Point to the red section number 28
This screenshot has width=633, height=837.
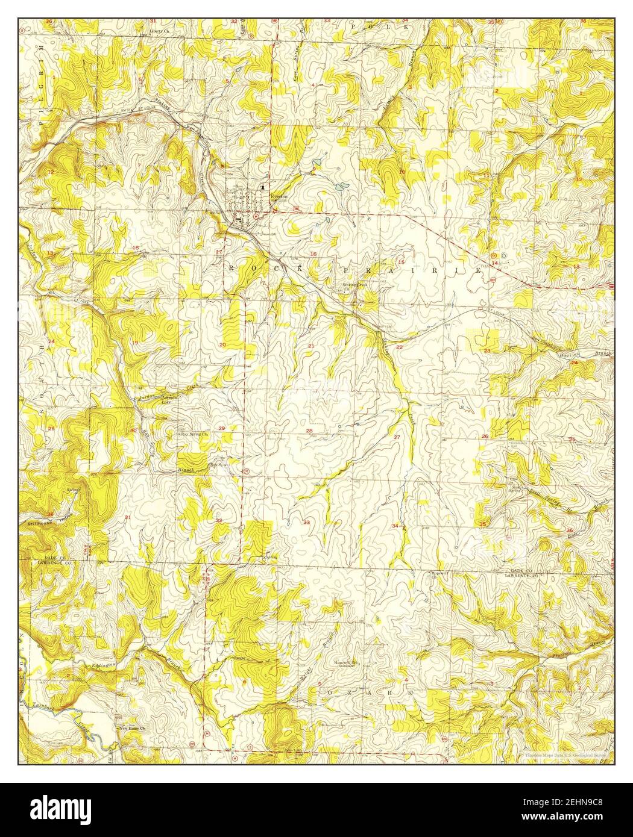pyautogui.click(x=309, y=431)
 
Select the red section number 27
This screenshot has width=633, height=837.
pyautogui.click(x=397, y=436)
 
